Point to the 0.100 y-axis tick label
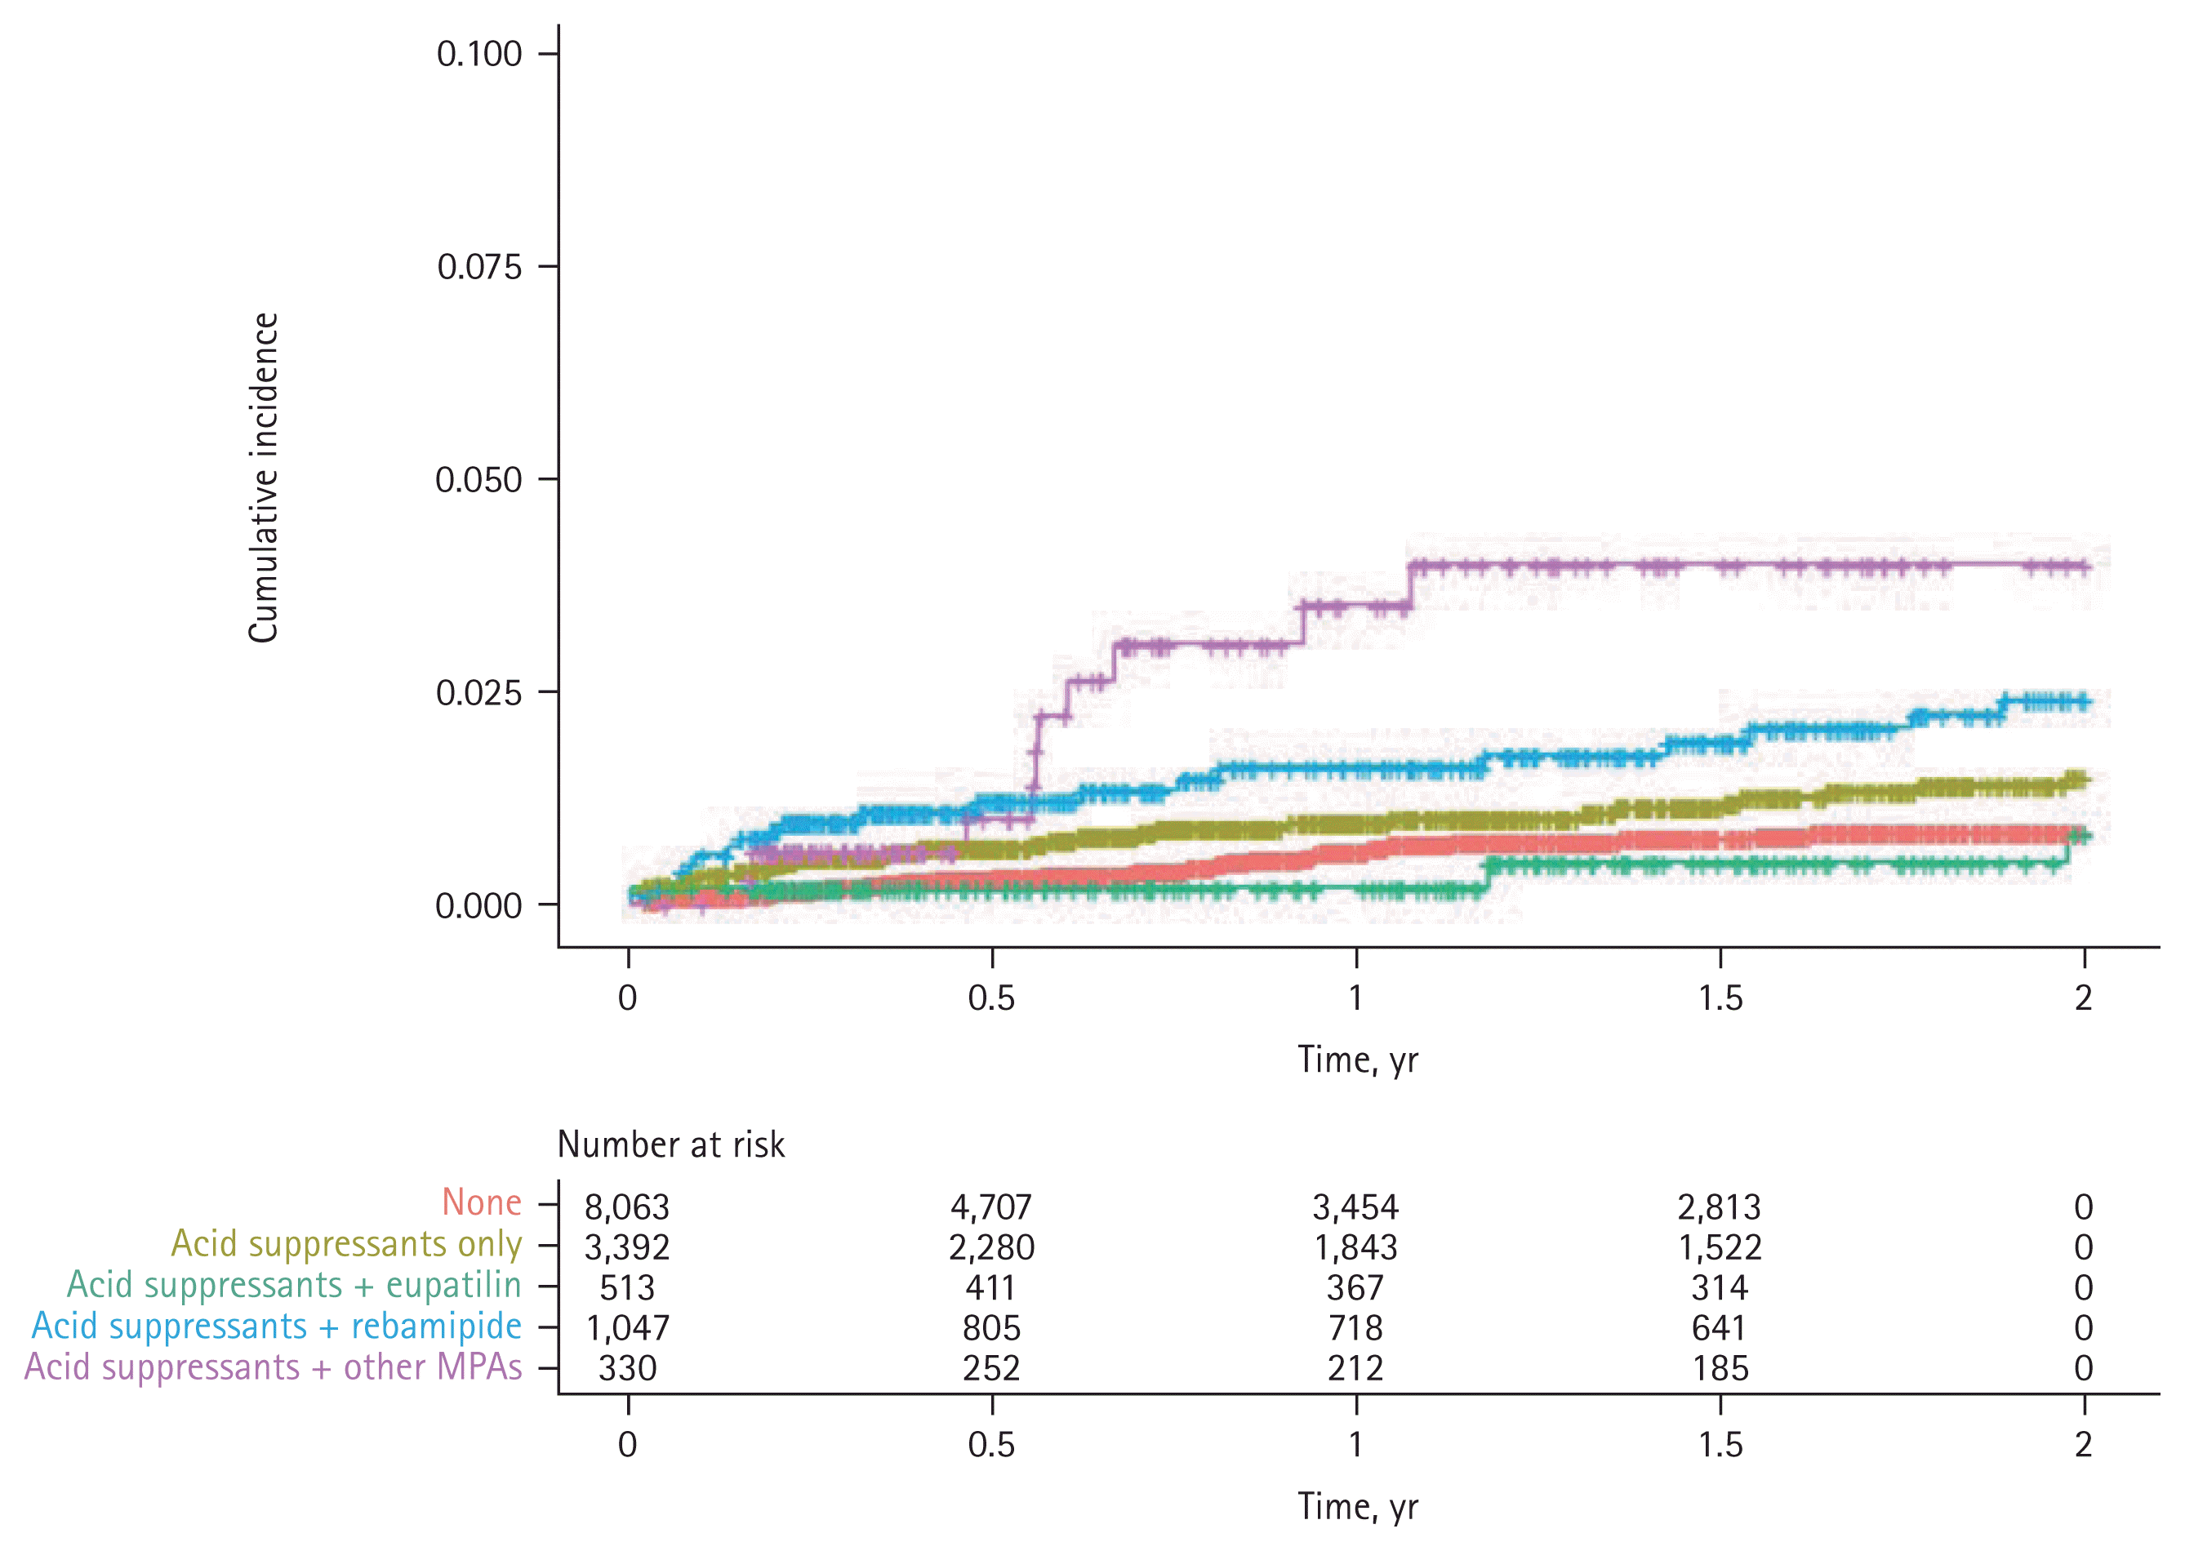(x=479, y=54)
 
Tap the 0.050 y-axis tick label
(x=478, y=479)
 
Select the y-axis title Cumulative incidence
(x=264, y=478)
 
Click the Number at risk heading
(x=670, y=1144)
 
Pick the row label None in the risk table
(x=482, y=1202)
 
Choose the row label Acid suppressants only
(x=346, y=1243)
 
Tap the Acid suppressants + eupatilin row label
(x=293, y=1285)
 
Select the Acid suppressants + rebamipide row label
(x=276, y=1327)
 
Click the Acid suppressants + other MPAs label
(x=274, y=1367)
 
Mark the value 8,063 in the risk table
(x=627, y=1207)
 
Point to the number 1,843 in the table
(x=1355, y=1247)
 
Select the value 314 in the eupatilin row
(x=1720, y=1287)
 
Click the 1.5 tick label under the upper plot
(x=1720, y=998)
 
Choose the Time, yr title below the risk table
(x=1357, y=1506)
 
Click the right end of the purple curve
(x=2089, y=567)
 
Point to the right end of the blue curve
(x=2089, y=702)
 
